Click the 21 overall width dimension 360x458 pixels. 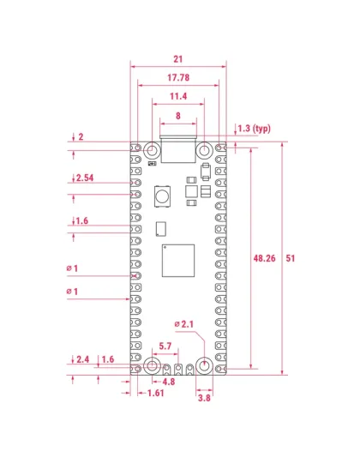[178, 59]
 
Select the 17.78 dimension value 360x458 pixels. [178, 78]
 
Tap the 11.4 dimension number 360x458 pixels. [178, 96]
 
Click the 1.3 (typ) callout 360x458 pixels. [254, 129]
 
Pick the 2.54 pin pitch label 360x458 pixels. [86, 178]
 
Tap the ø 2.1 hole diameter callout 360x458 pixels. [186, 323]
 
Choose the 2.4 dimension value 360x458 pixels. [83, 359]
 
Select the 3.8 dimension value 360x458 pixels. [205, 398]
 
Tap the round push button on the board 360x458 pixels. [160, 197]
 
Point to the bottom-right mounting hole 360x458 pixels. [205, 366]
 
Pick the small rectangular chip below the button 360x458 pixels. [160, 228]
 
